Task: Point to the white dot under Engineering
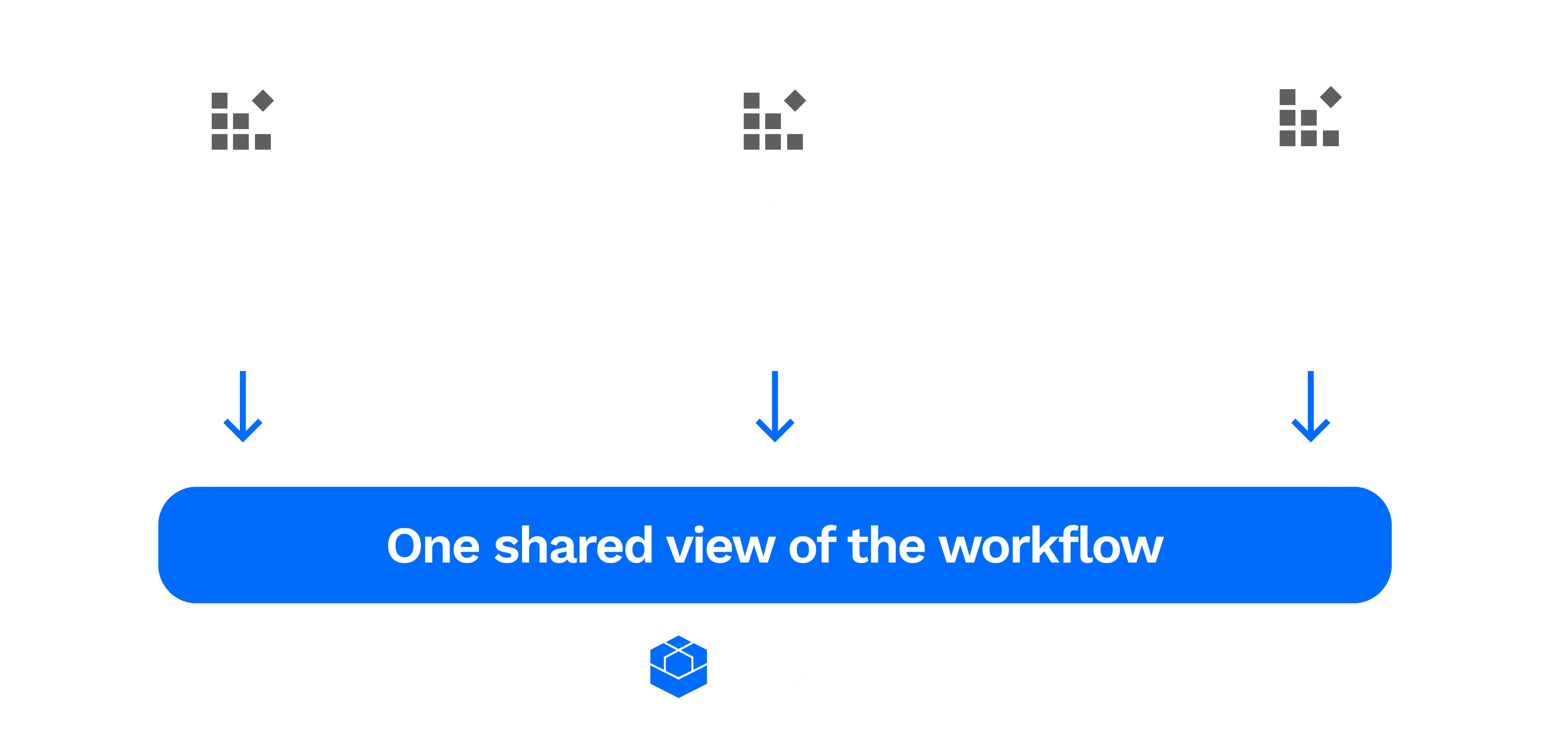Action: click(241, 276)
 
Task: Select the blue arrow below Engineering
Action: click(243, 406)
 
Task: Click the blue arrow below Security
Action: click(775, 406)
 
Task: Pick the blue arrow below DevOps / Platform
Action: click(1311, 406)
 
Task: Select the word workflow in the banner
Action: click(1051, 546)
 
